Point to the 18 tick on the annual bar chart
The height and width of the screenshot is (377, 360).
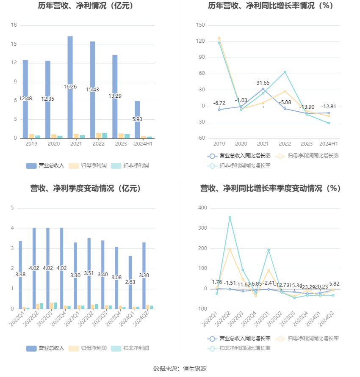point(14,25)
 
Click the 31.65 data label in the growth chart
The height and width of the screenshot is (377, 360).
point(263,83)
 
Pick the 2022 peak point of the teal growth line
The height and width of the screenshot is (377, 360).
point(285,72)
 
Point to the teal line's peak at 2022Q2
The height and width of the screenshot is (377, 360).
point(230,217)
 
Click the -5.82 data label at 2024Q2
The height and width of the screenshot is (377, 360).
point(333,284)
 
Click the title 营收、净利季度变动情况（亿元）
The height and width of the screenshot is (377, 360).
point(85,189)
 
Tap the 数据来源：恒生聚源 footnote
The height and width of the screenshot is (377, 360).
point(180,369)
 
